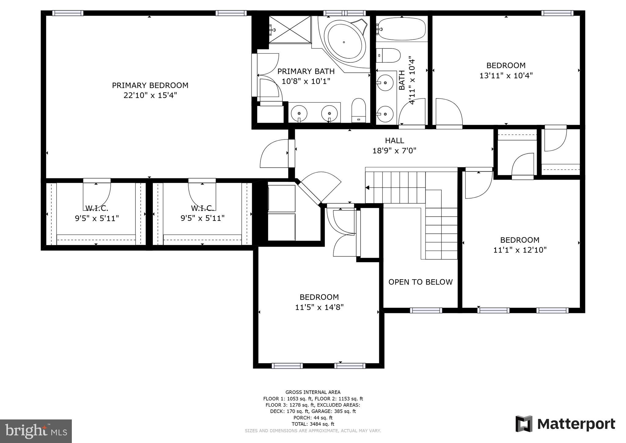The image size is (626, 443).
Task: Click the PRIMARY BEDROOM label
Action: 150,85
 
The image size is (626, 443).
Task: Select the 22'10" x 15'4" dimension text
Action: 150,95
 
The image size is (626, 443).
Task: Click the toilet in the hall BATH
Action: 388,55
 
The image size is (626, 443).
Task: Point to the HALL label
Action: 394,140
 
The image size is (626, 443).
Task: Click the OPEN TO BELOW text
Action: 420,282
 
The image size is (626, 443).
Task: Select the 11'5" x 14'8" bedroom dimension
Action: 319,307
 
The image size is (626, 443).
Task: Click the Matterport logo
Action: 565,424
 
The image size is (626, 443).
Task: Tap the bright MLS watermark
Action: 36,431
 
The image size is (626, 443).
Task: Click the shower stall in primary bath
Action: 289,30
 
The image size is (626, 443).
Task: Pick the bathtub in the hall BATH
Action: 401,29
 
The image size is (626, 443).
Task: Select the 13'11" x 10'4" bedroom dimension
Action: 506,76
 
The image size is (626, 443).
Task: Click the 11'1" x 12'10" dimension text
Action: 520,250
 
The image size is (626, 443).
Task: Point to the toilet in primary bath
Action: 359,110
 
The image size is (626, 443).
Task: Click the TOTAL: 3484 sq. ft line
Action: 313,424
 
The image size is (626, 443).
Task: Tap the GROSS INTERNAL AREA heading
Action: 313,392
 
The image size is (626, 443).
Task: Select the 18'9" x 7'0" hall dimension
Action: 394,151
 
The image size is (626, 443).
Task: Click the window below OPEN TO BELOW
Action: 426,310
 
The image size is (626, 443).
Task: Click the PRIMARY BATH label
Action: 306,71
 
